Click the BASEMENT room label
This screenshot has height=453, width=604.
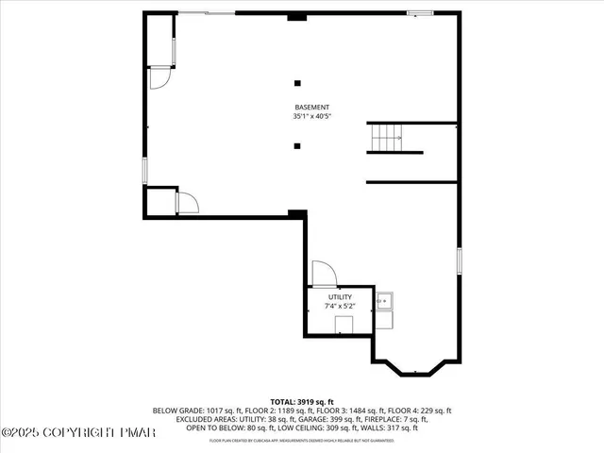tap(311, 108)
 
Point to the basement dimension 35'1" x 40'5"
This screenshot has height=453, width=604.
tap(311, 116)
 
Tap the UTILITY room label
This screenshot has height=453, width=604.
tap(340, 297)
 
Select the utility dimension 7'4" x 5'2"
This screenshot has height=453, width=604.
tap(340, 306)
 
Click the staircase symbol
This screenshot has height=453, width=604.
tap(386, 138)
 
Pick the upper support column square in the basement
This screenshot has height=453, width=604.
tap(298, 82)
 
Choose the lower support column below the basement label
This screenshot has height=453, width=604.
tap(298, 145)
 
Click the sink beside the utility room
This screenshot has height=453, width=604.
tap(384, 302)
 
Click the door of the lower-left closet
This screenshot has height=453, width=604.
tap(187, 203)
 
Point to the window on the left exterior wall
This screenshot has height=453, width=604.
tap(144, 171)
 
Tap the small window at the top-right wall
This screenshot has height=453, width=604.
tap(420, 12)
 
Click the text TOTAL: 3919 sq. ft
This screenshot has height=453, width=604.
tap(302, 402)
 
